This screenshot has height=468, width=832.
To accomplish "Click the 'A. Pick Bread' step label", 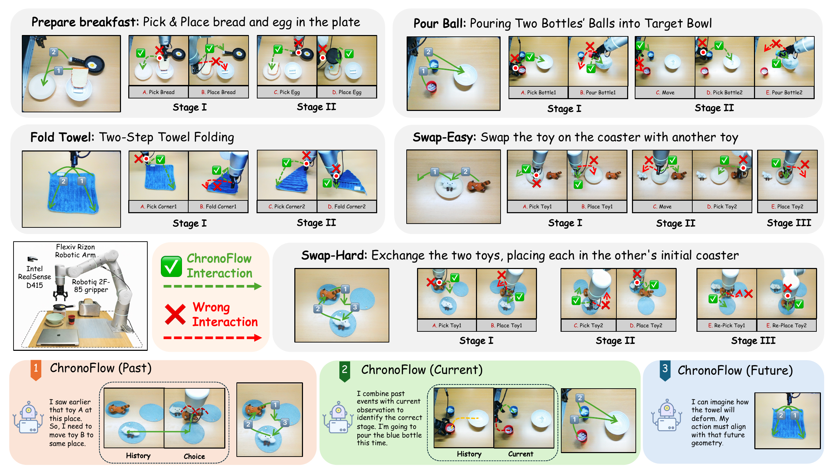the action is [x=158, y=92].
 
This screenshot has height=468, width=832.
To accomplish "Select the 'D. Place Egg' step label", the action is [x=347, y=92].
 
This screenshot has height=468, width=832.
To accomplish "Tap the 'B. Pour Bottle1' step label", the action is [x=598, y=93].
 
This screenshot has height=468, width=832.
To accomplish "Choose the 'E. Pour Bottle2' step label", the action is [x=784, y=93].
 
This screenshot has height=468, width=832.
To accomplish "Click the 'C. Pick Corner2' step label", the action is [x=287, y=207].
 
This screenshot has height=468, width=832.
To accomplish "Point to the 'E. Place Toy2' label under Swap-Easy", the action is [x=787, y=207].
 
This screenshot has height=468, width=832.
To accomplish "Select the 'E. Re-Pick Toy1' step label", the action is [x=727, y=326].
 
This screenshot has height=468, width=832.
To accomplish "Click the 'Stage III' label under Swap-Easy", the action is [x=789, y=223].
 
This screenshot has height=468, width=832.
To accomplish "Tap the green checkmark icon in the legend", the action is [x=171, y=266].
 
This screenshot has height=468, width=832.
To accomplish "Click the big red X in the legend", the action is [x=175, y=314].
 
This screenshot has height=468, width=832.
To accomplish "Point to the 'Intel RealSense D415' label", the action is [x=34, y=277].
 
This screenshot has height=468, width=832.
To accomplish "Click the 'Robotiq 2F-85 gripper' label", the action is [x=91, y=286].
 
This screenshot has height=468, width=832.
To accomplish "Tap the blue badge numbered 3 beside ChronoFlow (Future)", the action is [x=665, y=371].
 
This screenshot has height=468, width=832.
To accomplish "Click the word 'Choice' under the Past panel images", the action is [x=194, y=456].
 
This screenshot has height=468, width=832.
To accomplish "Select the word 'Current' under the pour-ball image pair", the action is [x=520, y=454].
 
